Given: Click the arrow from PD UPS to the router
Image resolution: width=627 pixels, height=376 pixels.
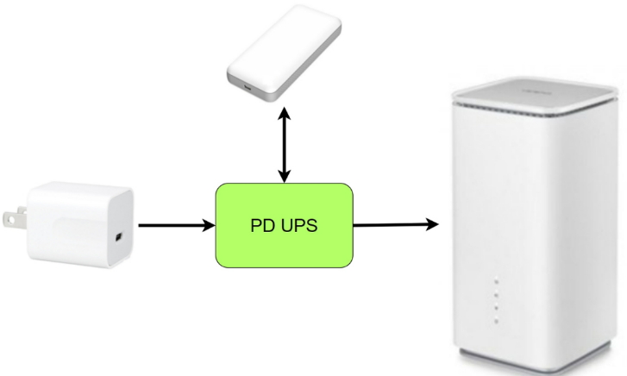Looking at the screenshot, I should coord(392,225).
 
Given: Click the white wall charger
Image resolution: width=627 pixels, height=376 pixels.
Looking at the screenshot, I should coord(82,224).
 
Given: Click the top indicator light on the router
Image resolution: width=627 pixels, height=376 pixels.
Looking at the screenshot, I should coord(496,280).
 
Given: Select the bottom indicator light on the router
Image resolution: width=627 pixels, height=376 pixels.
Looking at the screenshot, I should coord(496,320).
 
